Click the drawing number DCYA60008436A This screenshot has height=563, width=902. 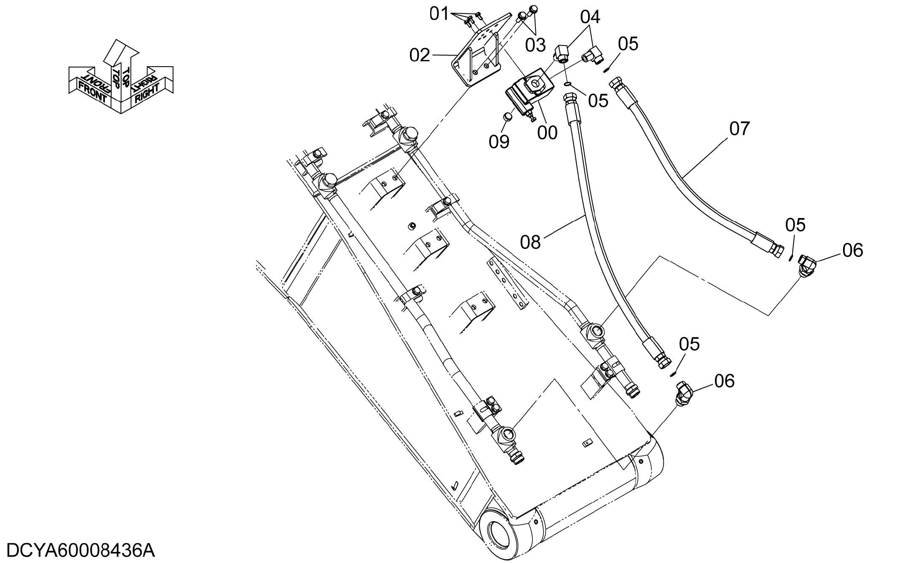(x=81, y=551)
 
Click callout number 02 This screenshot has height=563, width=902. (x=420, y=55)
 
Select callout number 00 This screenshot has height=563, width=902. (x=547, y=132)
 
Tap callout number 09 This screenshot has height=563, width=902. (x=499, y=142)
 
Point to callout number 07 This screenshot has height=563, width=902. (x=740, y=129)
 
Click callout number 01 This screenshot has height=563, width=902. (x=439, y=14)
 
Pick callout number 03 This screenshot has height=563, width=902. (x=535, y=45)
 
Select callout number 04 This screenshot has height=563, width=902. (x=590, y=17)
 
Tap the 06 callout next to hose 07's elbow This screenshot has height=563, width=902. (x=853, y=251)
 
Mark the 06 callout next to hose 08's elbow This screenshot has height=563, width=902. (x=725, y=381)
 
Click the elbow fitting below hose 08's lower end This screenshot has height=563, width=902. (x=683, y=393)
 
